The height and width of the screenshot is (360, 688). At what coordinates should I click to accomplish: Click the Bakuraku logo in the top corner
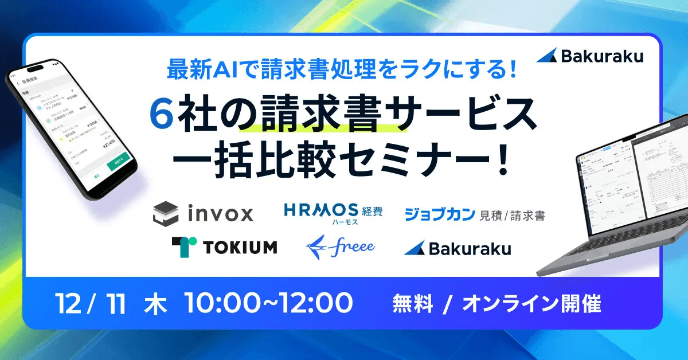(591, 56)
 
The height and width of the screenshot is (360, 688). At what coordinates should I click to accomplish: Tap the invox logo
(203, 214)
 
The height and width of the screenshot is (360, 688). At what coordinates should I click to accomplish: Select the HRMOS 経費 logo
(333, 212)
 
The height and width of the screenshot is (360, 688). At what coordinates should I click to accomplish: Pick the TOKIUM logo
(224, 246)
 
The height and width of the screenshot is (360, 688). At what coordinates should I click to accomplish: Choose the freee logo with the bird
(341, 246)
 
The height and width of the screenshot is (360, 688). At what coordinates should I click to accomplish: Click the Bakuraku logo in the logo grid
(457, 248)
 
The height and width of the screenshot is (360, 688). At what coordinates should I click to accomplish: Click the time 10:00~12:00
(268, 304)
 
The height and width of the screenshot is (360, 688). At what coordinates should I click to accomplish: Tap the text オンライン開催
(531, 304)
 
